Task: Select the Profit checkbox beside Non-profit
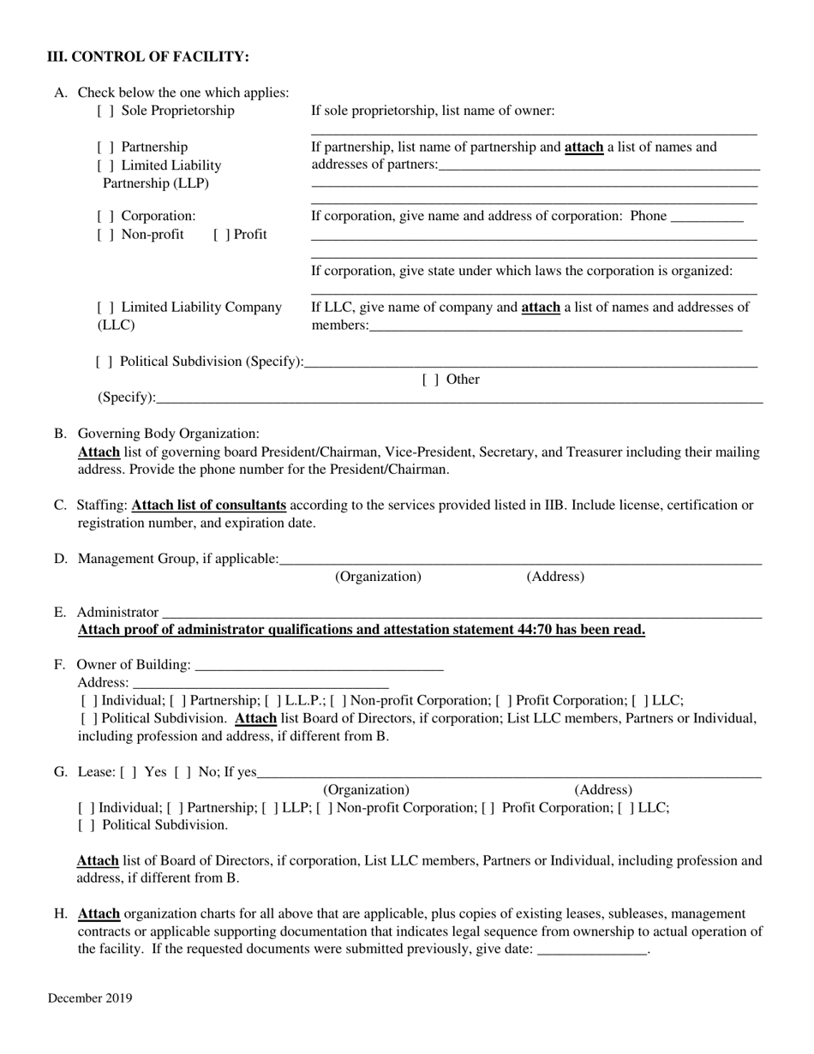[221, 235]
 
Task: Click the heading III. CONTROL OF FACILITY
[148, 57]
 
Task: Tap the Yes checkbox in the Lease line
[129, 772]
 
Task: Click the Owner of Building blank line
[319, 666]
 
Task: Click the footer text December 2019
[90, 998]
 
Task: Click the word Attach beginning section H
[99, 913]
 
